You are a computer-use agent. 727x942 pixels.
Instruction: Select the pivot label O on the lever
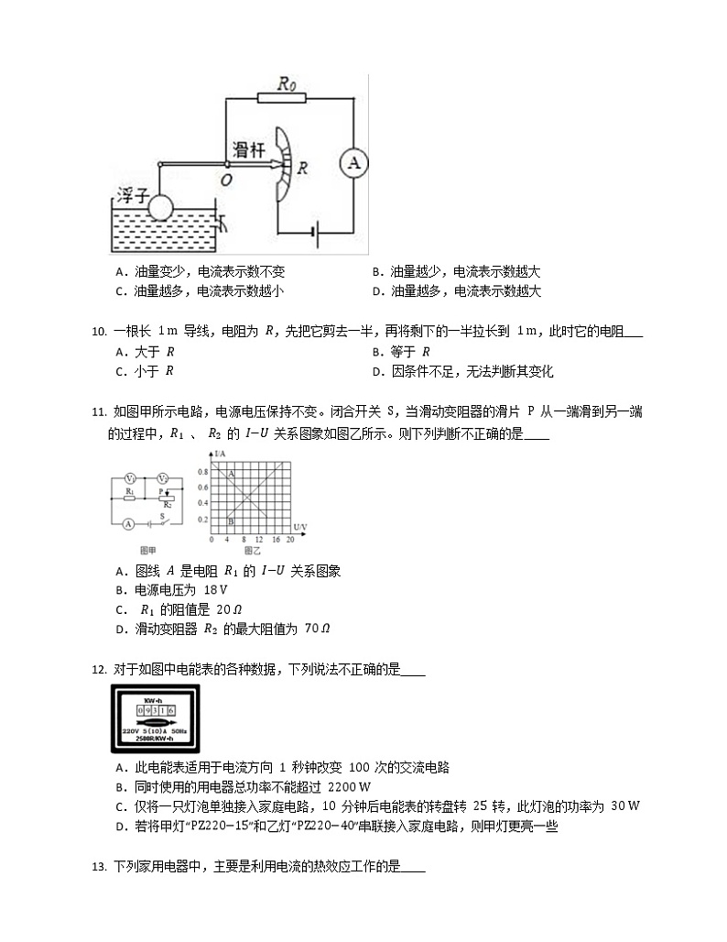pyautogui.click(x=226, y=180)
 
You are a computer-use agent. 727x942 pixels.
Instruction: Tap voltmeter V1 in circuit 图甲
pyautogui.click(x=131, y=478)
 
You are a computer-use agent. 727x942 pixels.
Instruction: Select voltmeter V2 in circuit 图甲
pyautogui.click(x=162, y=478)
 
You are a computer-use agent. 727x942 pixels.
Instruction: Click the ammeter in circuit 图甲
pyautogui.click(x=130, y=524)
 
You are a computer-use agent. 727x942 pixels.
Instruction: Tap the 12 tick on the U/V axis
pyautogui.click(x=258, y=541)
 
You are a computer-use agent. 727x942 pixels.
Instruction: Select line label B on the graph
pyautogui.click(x=232, y=520)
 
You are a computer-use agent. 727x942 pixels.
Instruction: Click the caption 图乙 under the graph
pyautogui.click(x=252, y=551)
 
